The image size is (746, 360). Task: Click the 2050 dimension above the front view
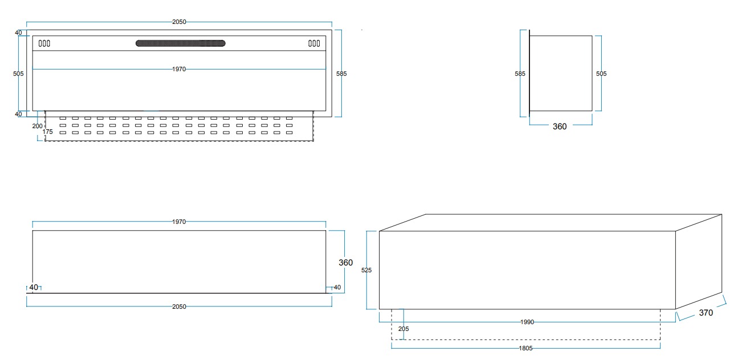[179, 22]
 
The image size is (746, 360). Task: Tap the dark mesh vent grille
[181, 43]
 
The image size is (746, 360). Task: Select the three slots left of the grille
[44, 43]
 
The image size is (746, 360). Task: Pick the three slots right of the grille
[314, 43]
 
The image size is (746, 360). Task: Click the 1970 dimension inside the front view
[179, 69]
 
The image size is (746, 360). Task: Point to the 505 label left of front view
[18, 73]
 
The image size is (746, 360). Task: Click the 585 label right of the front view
[341, 73]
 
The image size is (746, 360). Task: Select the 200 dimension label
[37, 126]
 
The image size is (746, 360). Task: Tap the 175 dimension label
[48, 132]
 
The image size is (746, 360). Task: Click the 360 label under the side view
[560, 126]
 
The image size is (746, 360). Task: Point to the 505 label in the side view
[601, 73]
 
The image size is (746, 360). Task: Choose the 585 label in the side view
[520, 73]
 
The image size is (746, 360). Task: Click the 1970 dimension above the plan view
[179, 222]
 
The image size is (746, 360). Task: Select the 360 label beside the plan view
[346, 263]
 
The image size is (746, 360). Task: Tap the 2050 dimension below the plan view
[179, 306]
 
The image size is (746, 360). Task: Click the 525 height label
[366, 271]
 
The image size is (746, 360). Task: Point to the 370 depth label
[706, 313]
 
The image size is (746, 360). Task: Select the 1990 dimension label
[527, 322]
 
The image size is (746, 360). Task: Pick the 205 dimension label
[403, 329]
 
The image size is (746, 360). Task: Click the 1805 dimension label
[526, 349]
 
